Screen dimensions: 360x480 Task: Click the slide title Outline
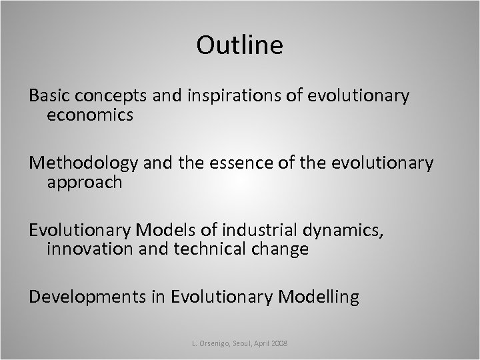240,45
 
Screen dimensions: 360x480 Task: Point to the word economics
90,116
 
